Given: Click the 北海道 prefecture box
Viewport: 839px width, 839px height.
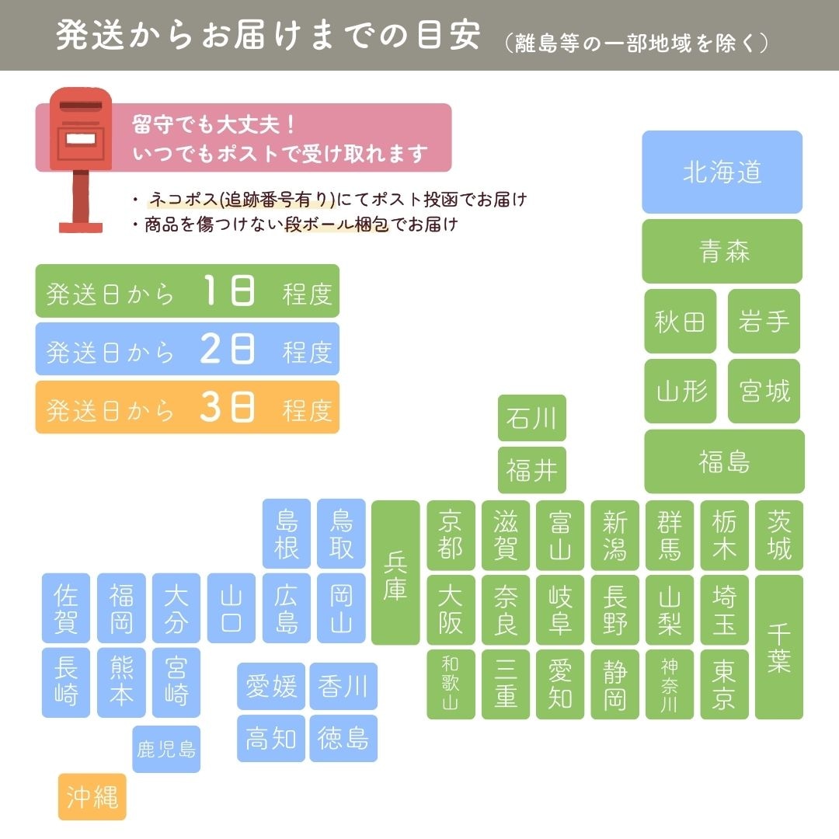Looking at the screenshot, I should pos(722,172).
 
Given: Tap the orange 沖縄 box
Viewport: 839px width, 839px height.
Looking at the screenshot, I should pos(92,796).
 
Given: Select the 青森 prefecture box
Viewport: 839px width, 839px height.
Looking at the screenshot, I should pos(722,251).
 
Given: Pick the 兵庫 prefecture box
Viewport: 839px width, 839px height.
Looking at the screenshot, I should pos(395,573).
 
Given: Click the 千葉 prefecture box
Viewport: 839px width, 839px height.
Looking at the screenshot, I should pos(779,646).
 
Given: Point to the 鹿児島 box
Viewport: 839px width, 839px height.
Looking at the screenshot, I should pos(166,749).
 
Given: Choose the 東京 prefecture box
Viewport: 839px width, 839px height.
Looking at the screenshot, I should pos(724,684).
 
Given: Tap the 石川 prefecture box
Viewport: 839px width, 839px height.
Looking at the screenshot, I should pos(532,418).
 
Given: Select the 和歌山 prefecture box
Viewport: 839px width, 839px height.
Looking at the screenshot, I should pos(451,684).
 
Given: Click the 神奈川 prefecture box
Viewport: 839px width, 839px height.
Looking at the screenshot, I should pos(670,684).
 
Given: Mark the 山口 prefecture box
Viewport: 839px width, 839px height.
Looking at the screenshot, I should pos(232,608).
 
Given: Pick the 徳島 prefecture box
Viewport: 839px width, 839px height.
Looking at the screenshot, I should pos(343,738).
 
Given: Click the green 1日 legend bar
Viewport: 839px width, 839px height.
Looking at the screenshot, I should pos(187,291).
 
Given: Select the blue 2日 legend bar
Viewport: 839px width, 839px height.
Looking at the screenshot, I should pos(187,350).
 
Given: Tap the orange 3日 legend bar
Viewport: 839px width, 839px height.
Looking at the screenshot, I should pos(187,407).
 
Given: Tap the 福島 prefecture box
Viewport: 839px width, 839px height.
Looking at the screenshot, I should pos(724,461).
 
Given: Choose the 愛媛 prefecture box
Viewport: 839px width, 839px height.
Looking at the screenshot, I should pos(271,686).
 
